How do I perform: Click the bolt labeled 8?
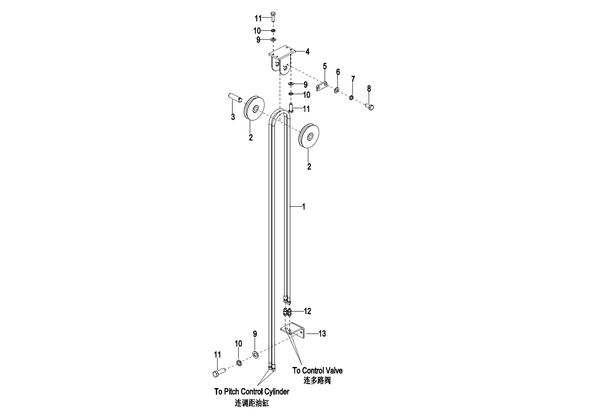point(370,107)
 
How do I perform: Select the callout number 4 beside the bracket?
point(307,52)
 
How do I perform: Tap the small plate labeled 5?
point(322,87)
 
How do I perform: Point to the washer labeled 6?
point(337,90)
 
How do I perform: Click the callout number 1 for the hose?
point(303,207)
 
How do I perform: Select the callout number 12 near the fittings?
point(307,312)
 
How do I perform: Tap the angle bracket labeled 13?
point(293,331)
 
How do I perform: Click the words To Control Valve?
point(317,370)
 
